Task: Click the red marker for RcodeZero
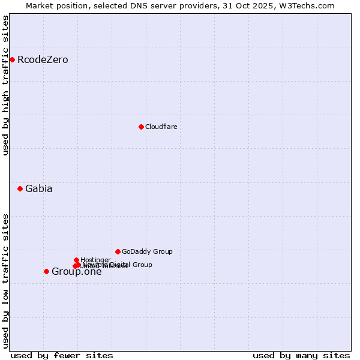click(12, 59)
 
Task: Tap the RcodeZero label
click(43, 59)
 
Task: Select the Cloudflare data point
click(141, 127)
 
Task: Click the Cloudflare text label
click(161, 127)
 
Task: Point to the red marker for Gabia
click(20, 188)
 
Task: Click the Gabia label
click(38, 188)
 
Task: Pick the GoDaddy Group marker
click(118, 251)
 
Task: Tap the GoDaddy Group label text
click(147, 251)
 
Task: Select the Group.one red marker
click(46, 271)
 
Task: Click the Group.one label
click(76, 272)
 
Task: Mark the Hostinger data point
click(77, 260)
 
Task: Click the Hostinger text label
click(95, 260)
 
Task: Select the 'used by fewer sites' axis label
click(62, 355)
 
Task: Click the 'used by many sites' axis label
click(301, 355)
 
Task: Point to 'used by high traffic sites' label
click(6, 85)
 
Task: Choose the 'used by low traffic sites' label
click(6, 280)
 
